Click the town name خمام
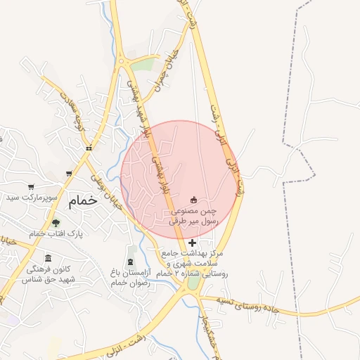pyautogui.click(x=82, y=200)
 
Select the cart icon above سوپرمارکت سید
pyautogui.click(x=31, y=186)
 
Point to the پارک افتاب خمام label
pyautogui.click(x=56, y=233)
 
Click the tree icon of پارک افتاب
pyautogui.click(x=56, y=223)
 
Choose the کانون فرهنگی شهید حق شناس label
pyautogui.click(x=48, y=274)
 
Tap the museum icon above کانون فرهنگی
pyautogui.click(x=48, y=258)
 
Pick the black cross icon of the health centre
pyautogui.click(x=193, y=243)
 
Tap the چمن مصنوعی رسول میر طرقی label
pyautogui.click(x=194, y=215)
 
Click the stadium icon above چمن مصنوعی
pyautogui.click(x=194, y=199)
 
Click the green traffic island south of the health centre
pyautogui.click(x=193, y=283)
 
